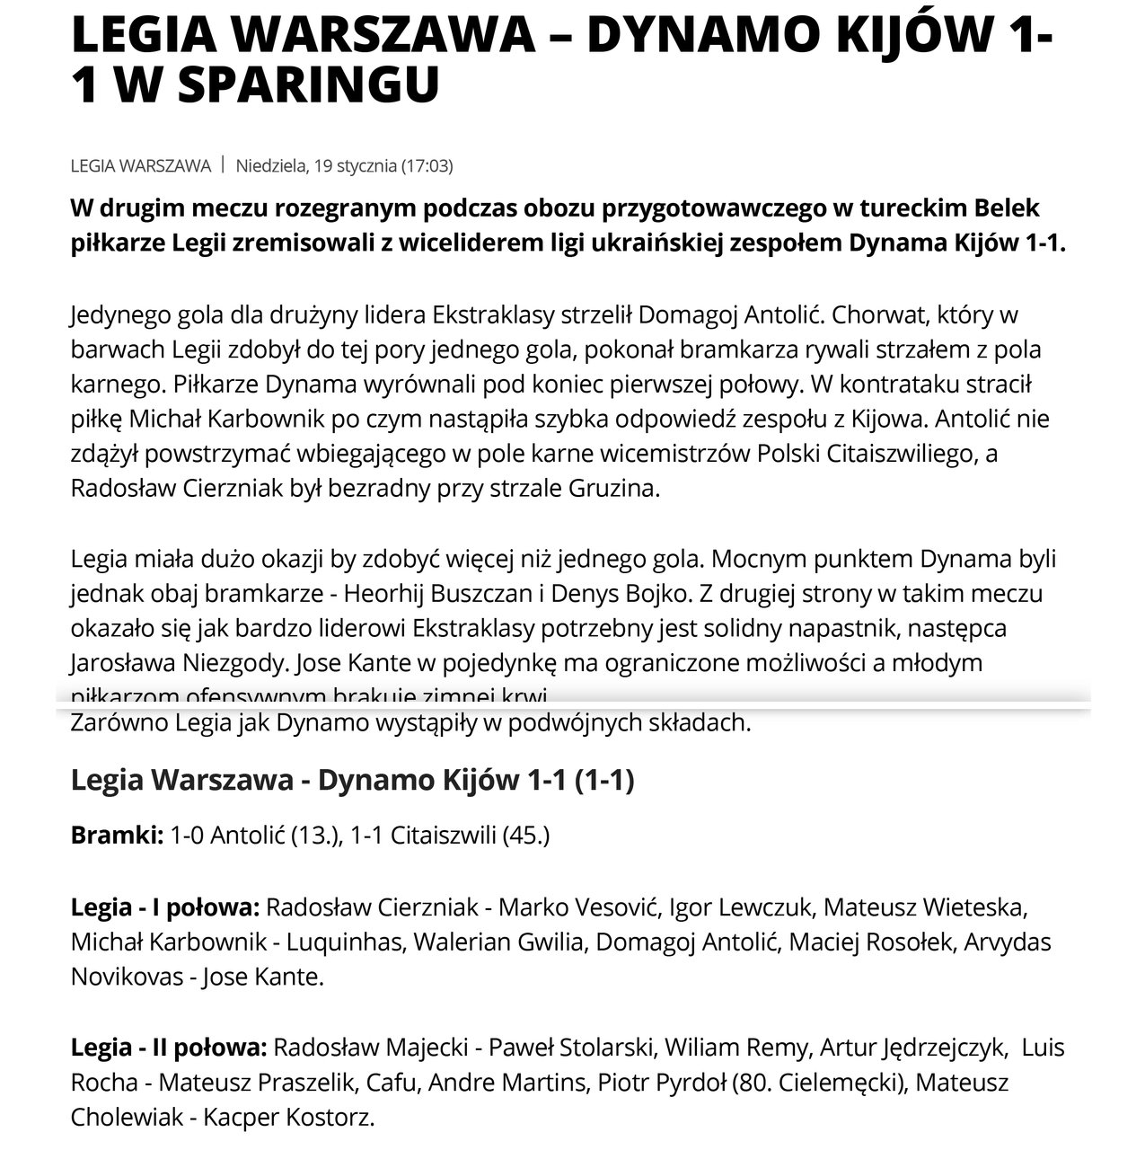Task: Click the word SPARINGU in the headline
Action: (311, 85)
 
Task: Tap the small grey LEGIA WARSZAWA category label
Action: (141, 165)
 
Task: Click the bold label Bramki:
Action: (117, 836)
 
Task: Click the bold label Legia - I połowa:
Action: (165, 907)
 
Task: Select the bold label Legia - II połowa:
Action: (169, 1048)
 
